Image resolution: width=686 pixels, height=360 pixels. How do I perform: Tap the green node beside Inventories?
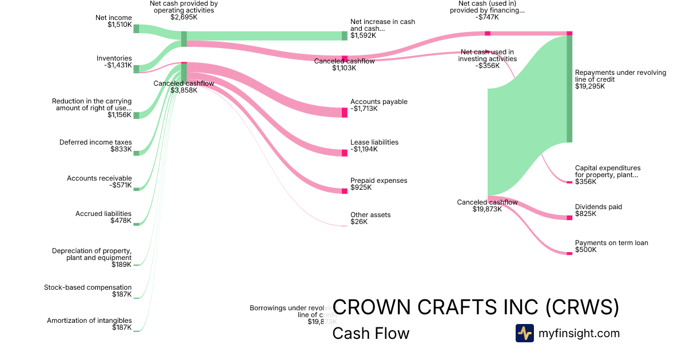[x=136, y=69]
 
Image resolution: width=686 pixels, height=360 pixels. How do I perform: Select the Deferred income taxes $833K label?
[x=95, y=146]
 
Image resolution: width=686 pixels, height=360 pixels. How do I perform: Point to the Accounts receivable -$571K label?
[x=99, y=182]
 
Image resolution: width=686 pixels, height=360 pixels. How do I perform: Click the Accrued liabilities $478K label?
[x=103, y=217]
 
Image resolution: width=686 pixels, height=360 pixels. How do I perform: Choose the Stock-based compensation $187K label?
[x=87, y=291]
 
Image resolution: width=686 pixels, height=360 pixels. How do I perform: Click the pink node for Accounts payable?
[x=345, y=113]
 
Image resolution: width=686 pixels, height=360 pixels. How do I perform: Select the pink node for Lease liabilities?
[x=345, y=153]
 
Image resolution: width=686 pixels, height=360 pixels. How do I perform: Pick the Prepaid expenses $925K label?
[x=378, y=184]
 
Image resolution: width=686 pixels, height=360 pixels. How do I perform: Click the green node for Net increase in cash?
[x=345, y=36]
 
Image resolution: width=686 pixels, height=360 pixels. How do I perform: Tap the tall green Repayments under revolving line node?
[x=569, y=89]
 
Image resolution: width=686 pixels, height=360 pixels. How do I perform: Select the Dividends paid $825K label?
[x=598, y=210]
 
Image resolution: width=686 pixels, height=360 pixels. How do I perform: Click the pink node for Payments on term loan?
[x=569, y=253]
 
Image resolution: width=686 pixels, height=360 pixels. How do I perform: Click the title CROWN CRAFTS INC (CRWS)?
[x=476, y=307]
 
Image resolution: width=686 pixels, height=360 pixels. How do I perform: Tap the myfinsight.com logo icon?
[x=524, y=333]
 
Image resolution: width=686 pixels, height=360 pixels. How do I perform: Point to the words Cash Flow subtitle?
[x=370, y=333]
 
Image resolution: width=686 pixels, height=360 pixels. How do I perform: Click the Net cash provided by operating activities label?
[x=184, y=10]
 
